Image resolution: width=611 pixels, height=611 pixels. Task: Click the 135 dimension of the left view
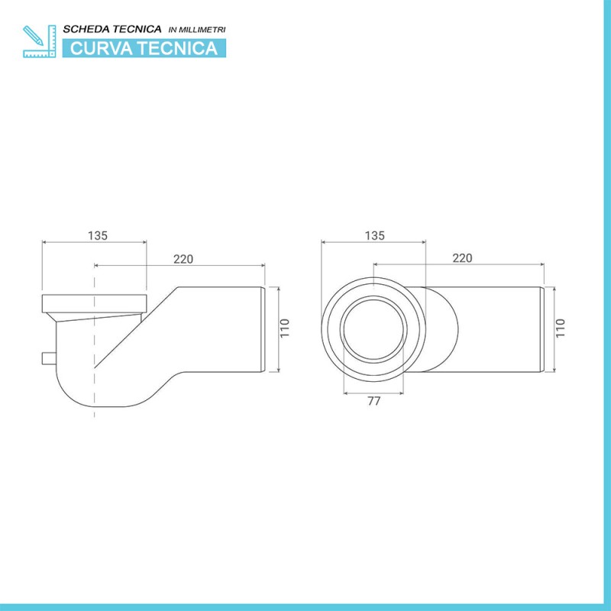pos(97,235)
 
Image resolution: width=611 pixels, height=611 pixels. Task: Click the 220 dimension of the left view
pos(183,259)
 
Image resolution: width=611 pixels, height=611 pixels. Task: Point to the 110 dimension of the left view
pos(284,329)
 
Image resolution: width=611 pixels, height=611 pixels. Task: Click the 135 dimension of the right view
pos(374,235)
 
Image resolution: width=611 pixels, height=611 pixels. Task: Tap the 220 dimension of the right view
pos(462,258)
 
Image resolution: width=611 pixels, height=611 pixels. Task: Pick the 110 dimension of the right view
pos(561,329)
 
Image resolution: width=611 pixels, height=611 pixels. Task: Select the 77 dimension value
pos(373,401)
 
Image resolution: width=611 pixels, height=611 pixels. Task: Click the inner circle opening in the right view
pos(373,330)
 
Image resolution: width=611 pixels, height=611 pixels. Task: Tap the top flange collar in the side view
pos(93,302)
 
